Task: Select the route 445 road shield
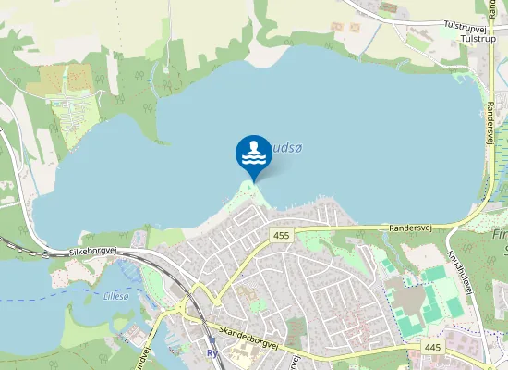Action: click(x=432, y=346)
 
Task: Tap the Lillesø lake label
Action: click(x=116, y=296)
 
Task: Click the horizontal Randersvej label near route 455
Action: click(x=410, y=226)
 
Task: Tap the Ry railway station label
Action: click(x=212, y=351)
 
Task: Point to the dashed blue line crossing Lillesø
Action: click(x=55, y=299)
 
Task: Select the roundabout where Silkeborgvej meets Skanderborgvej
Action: click(x=194, y=311)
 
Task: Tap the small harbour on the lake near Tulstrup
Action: click(x=461, y=73)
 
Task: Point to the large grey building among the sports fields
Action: click(x=411, y=298)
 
